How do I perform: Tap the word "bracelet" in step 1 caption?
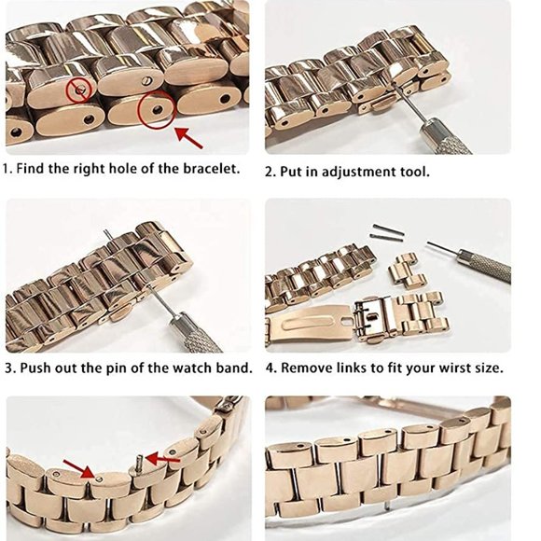click(211, 169)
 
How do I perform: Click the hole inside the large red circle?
click(158, 110)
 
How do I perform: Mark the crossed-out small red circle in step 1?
click(79, 90)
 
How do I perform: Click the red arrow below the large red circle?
click(188, 138)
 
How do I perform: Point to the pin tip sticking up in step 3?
click(107, 234)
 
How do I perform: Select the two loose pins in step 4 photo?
click(389, 230)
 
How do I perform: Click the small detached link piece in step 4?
click(407, 271)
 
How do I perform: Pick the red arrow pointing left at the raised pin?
click(162, 459)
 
